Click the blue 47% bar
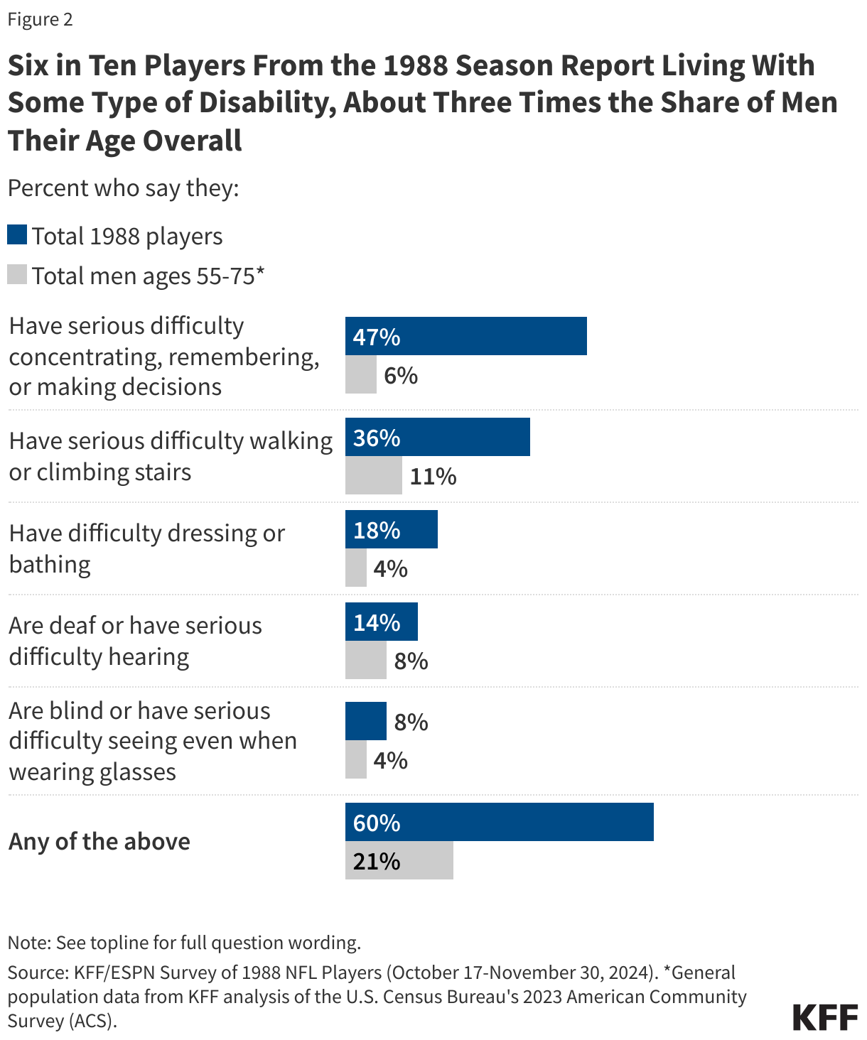[465, 336]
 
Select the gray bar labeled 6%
[360, 374]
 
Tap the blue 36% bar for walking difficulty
[437, 437]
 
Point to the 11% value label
[433, 476]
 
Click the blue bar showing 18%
[391, 529]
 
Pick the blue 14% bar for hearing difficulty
[381, 622]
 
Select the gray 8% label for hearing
[411, 661]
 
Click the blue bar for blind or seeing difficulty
[365, 721]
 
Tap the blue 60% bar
[499, 822]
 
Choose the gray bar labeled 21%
[399, 860]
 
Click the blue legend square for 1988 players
[17, 235]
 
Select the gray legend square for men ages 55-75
[17, 275]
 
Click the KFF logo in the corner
[825, 1017]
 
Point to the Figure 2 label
[41, 19]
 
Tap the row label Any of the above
[99, 841]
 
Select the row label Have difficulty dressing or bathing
[146, 548]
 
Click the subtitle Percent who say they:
[123, 188]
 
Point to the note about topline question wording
[184, 943]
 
